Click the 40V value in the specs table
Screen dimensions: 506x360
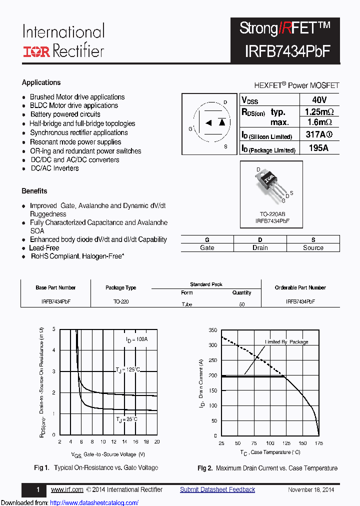[319, 99]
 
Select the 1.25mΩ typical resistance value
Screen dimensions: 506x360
[319, 111]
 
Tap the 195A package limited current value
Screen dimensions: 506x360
[319, 148]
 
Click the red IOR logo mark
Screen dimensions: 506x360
[36, 51]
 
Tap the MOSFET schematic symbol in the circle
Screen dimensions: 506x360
[209, 122]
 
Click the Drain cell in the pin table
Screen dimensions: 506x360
[260, 247]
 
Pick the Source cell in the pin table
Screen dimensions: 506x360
[313, 247]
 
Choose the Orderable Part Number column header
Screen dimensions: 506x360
[300, 287]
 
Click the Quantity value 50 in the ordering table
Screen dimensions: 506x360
[242, 304]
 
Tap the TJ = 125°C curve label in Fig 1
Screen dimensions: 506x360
[128, 369]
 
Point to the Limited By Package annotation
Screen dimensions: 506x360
[286, 342]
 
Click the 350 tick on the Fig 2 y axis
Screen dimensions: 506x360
[213, 330]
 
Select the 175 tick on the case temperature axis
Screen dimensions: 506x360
[318, 443]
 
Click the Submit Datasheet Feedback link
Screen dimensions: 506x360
[217, 489]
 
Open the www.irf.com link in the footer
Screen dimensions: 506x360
[67, 489]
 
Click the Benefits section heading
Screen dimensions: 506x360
[34, 191]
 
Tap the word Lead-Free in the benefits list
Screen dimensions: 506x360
[44, 247]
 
